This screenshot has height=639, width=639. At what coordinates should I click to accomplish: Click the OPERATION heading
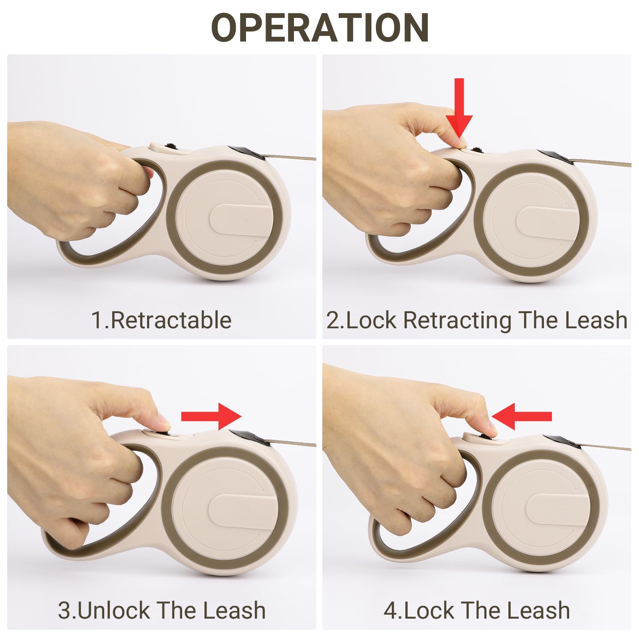(320, 28)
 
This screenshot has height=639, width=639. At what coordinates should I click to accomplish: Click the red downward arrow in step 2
(459, 108)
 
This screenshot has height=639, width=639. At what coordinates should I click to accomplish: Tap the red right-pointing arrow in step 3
(211, 417)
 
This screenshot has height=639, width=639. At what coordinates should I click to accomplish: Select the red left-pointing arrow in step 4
(522, 417)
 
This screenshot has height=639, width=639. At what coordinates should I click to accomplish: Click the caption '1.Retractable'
(161, 320)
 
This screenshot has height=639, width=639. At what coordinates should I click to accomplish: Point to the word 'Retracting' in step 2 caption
(457, 321)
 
